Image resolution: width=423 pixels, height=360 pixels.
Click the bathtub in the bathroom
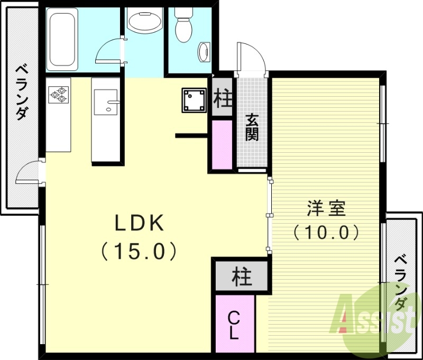coord(63,40)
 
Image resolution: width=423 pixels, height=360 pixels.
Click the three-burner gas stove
coord(59,94)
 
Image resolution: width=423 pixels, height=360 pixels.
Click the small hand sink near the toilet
coord(204,52)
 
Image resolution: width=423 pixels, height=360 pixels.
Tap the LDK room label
coord(140,224)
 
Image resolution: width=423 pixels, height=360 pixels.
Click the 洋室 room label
coord(326,208)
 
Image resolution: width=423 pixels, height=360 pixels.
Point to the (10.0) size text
coord(326,232)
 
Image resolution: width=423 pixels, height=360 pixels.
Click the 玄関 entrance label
coord(252,127)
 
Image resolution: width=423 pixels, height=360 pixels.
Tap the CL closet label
coord(234,325)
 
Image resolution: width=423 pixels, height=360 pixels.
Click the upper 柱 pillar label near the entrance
coord(223,98)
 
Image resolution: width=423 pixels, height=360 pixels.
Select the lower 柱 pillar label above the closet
coord(242,276)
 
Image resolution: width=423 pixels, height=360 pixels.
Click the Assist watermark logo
coord(375,317)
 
